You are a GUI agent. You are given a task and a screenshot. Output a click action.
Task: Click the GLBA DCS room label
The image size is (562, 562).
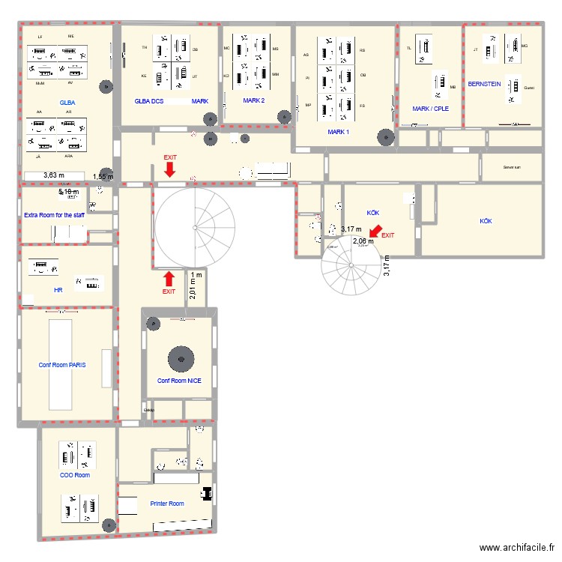pyautogui.click(x=149, y=100)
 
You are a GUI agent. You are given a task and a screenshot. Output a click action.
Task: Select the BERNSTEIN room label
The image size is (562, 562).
pyautogui.click(x=484, y=84)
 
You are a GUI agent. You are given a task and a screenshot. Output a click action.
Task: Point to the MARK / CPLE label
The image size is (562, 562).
pyautogui.click(x=430, y=108)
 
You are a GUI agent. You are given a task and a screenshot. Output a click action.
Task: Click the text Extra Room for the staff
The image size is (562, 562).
pyautogui.click(x=54, y=215)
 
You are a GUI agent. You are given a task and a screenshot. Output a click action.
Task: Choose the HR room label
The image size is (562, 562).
pyautogui.click(x=58, y=289)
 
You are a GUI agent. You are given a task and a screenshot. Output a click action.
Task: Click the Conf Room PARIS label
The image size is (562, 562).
pyautogui.click(x=62, y=365)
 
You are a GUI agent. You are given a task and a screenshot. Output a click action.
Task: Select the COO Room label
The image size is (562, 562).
pyautogui.click(x=75, y=475)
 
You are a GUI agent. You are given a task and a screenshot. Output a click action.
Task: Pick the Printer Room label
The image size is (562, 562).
pyautogui.click(x=166, y=504)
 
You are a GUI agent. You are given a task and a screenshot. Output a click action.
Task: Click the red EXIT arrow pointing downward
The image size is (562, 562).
pyautogui.click(x=171, y=172)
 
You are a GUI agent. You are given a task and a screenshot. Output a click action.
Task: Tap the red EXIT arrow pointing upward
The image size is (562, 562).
pyautogui.click(x=169, y=279)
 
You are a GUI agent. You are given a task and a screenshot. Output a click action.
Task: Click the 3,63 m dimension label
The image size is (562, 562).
pyautogui.click(x=54, y=175)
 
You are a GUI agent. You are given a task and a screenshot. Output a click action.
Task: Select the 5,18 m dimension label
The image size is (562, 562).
pyautogui.click(x=69, y=192)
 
